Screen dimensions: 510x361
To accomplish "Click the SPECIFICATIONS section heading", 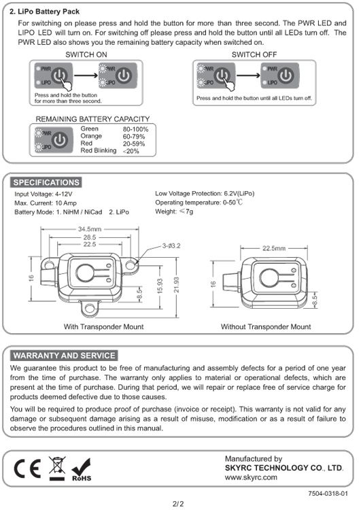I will [46, 182].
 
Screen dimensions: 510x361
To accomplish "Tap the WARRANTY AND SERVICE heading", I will [65, 355].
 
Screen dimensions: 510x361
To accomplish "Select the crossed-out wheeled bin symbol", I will [57, 469].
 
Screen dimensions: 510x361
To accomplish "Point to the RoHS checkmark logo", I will [82, 469].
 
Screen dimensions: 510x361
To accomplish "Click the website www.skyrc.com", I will [250, 478].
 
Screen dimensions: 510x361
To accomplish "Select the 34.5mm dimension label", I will [90, 228].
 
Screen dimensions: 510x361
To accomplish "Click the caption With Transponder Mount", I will [103, 326].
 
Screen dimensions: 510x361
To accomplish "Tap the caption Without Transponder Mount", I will [266, 326].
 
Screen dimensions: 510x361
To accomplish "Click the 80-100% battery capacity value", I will [135, 129].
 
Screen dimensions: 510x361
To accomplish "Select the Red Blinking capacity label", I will [99, 150].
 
